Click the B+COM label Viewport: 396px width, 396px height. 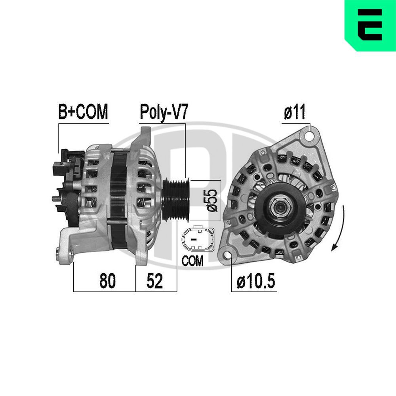coord(83,112)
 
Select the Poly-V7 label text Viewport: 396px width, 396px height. coord(163,112)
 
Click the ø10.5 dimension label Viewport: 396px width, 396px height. coord(255,282)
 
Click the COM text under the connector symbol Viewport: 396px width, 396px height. coord(192,261)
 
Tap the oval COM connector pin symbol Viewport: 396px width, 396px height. coord(197,240)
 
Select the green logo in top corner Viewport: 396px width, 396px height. coord(370,25)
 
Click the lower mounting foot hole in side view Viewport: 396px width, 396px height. coord(59,250)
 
